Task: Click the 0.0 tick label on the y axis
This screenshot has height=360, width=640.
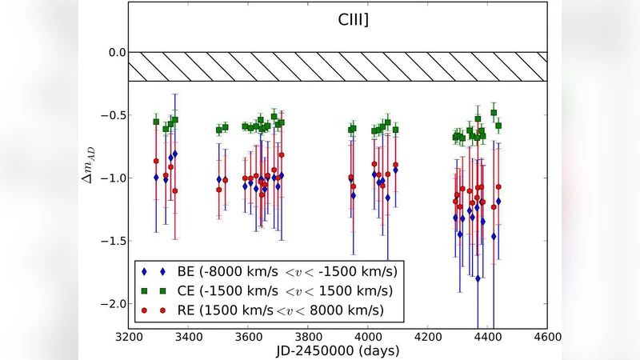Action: (116, 52)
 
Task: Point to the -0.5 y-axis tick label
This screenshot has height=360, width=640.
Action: (113, 115)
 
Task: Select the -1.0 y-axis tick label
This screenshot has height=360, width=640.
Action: (113, 178)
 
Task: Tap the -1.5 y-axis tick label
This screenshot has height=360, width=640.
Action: (113, 241)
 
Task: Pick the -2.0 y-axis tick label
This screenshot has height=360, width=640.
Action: (113, 304)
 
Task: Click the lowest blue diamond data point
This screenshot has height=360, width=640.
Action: (478, 278)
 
